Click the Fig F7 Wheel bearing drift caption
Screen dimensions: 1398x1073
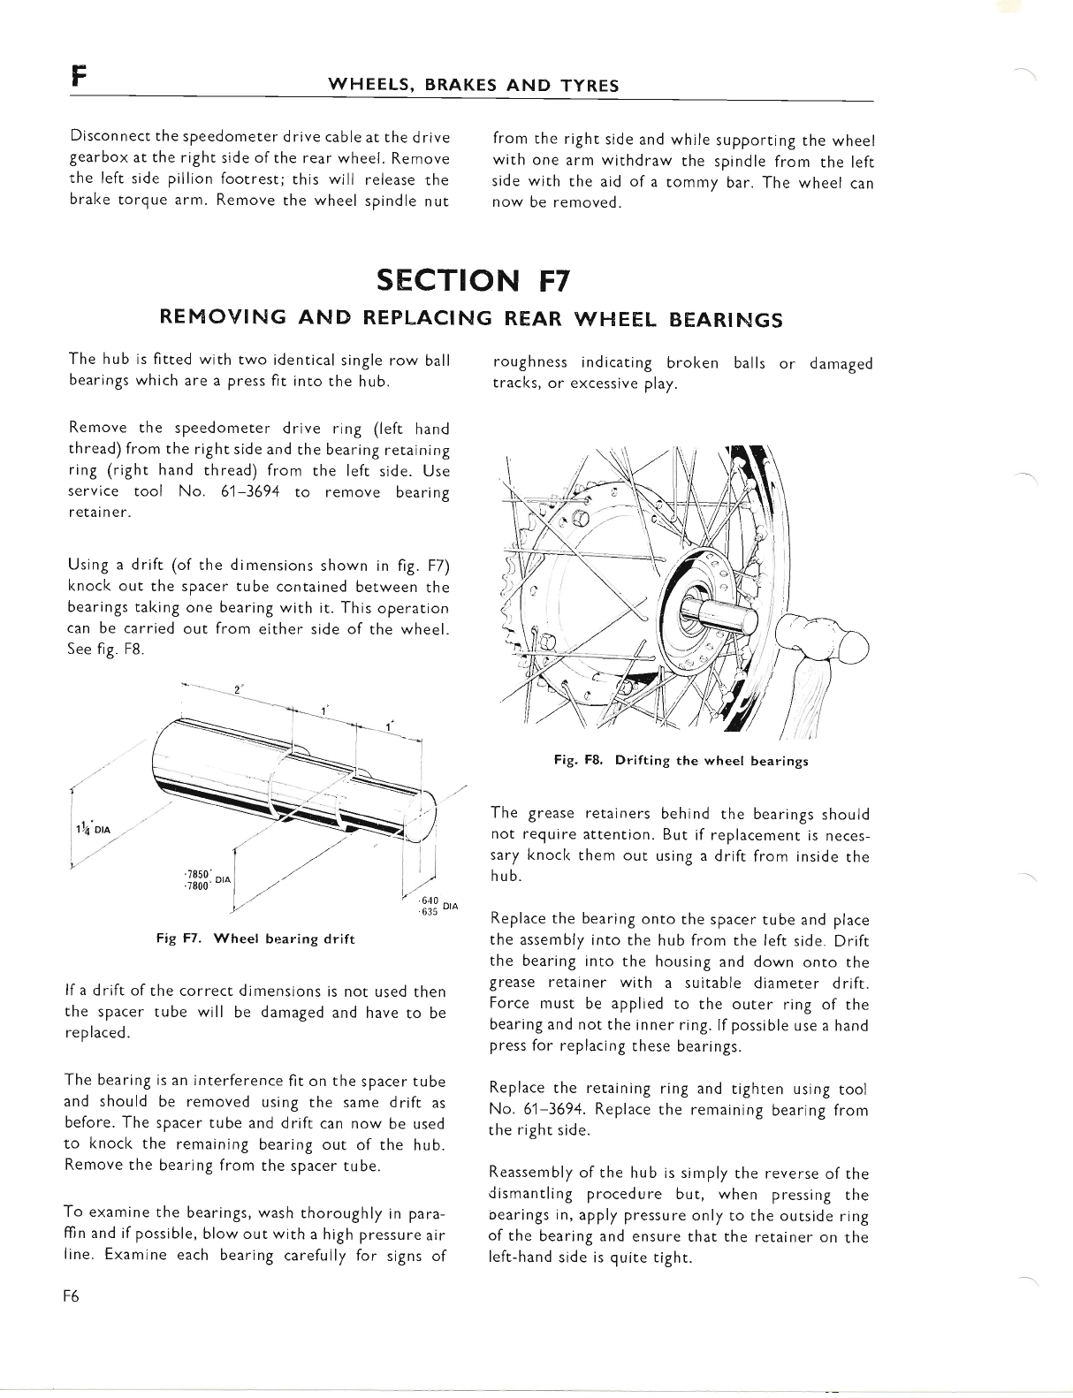[x=255, y=938]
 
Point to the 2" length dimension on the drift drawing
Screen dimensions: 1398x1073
[x=239, y=692]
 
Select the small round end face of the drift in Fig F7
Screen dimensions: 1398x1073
[x=428, y=821]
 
